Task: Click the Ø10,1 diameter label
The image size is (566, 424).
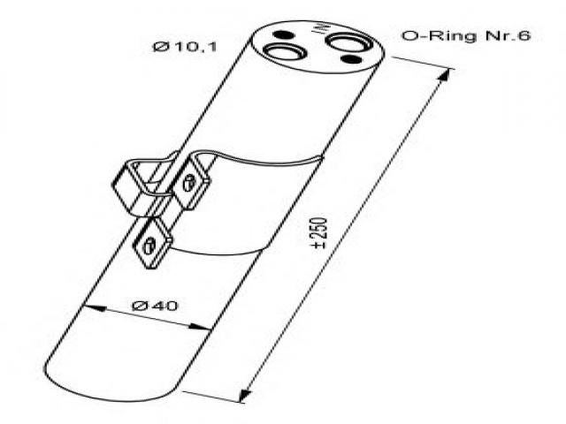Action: (185, 47)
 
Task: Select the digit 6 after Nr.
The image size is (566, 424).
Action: (524, 35)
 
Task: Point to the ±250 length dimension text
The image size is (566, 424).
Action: (321, 233)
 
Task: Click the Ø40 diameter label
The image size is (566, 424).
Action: (156, 306)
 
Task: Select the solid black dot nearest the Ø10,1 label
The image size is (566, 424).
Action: (282, 35)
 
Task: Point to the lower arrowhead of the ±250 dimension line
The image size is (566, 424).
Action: (246, 395)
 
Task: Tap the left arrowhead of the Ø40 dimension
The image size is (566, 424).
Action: (96, 308)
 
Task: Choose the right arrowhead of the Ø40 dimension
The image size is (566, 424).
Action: (199, 327)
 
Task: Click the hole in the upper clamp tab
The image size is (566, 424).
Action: (188, 183)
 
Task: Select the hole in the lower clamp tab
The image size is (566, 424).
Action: (149, 245)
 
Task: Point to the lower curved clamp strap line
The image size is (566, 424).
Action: (219, 251)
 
